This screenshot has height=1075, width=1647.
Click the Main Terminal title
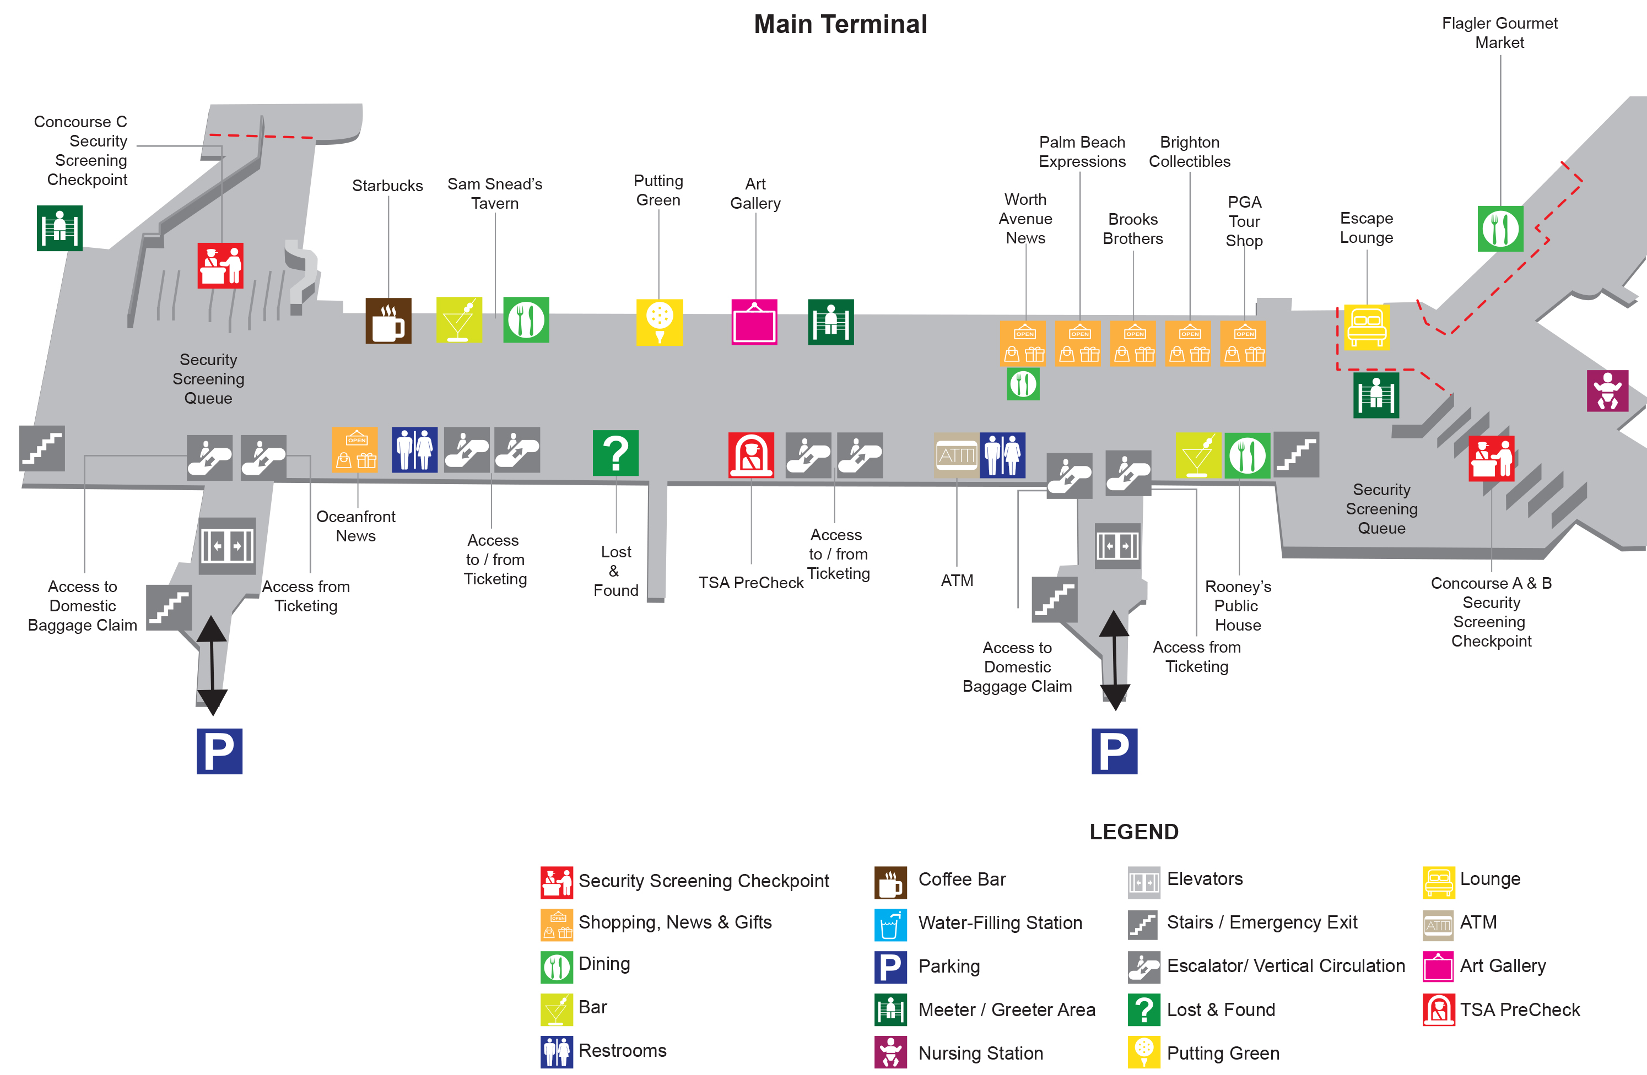(840, 25)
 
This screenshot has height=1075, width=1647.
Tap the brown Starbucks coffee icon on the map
(388, 321)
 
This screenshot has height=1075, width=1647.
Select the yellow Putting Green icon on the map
(660, 322)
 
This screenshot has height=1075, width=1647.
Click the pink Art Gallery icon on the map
(754, 322)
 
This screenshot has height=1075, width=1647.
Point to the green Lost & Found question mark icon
(615, 453)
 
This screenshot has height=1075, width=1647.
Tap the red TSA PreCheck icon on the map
(751, 455)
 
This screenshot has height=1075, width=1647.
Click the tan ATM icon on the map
(957, 455)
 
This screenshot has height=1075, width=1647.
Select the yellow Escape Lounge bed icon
(1366, 327)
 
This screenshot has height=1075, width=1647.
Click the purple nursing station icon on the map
(1607, 391)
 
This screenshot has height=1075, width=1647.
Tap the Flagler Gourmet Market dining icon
(1499, 229)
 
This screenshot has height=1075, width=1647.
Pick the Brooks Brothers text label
(1133, 229)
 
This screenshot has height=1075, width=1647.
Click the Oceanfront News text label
(356, 526)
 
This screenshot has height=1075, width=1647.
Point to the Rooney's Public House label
(1238, 605)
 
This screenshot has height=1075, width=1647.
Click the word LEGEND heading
(1133, 832)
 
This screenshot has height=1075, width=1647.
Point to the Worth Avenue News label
(1025, 219)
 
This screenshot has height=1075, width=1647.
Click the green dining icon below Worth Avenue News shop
(1023, 384)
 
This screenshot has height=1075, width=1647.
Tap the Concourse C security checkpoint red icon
(220, 265)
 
